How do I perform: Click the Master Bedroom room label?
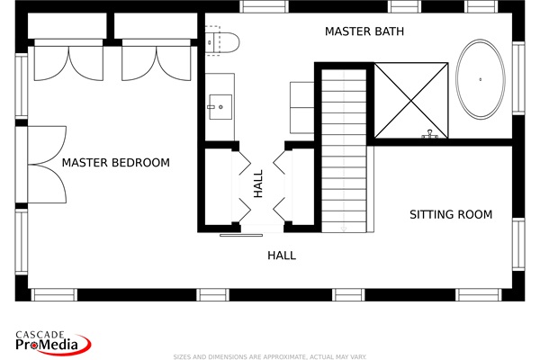pyautogui.click(x=115, y=163)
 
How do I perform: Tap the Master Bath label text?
pyautogui.click(x=364, y=31)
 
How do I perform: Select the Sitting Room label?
pyautogui.click(x=451, y=215)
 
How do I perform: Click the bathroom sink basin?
pyautogui.click(x=219, y=106)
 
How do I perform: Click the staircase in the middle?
pyautogui.click(x=343, y=148)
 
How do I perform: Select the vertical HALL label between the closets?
pyautogui.click(x=258, y=184)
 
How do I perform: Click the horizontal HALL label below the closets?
pyautogui.click(x=282, y=256)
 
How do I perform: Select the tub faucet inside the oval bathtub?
pyautogui.click(x=482, y=80)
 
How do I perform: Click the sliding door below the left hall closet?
pyautogui.click(x=242, y=235)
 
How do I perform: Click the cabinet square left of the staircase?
pyautogui.click(x=301, y=95)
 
